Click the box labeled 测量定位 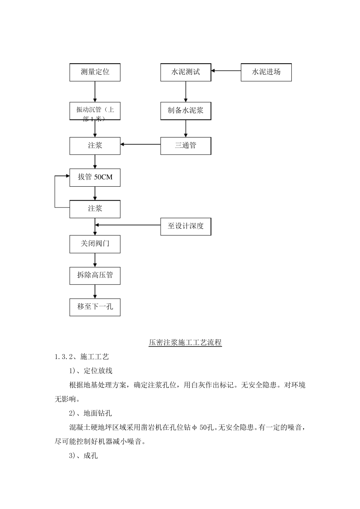(x=95, y=72)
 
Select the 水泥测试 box (x=186, y=72)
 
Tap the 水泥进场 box (x=266, y=72)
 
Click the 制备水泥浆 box (x=186, y=111)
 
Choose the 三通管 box (x=186, y=145)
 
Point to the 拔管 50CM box (x=95, y=177)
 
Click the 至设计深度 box (x=186, y=226)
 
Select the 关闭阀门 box (x=95, y=244)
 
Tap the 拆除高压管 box (x=95, y=275)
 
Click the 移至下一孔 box (x=95, y=307)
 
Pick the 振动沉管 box (x=95, y=111)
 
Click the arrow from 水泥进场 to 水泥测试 (x=226, y=70)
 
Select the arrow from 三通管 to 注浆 (x=140, y=144)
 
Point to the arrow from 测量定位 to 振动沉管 (x=95, y=92)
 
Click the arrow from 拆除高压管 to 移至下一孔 (x=95, y=291)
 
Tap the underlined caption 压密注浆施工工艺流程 (x=185, y=343)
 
